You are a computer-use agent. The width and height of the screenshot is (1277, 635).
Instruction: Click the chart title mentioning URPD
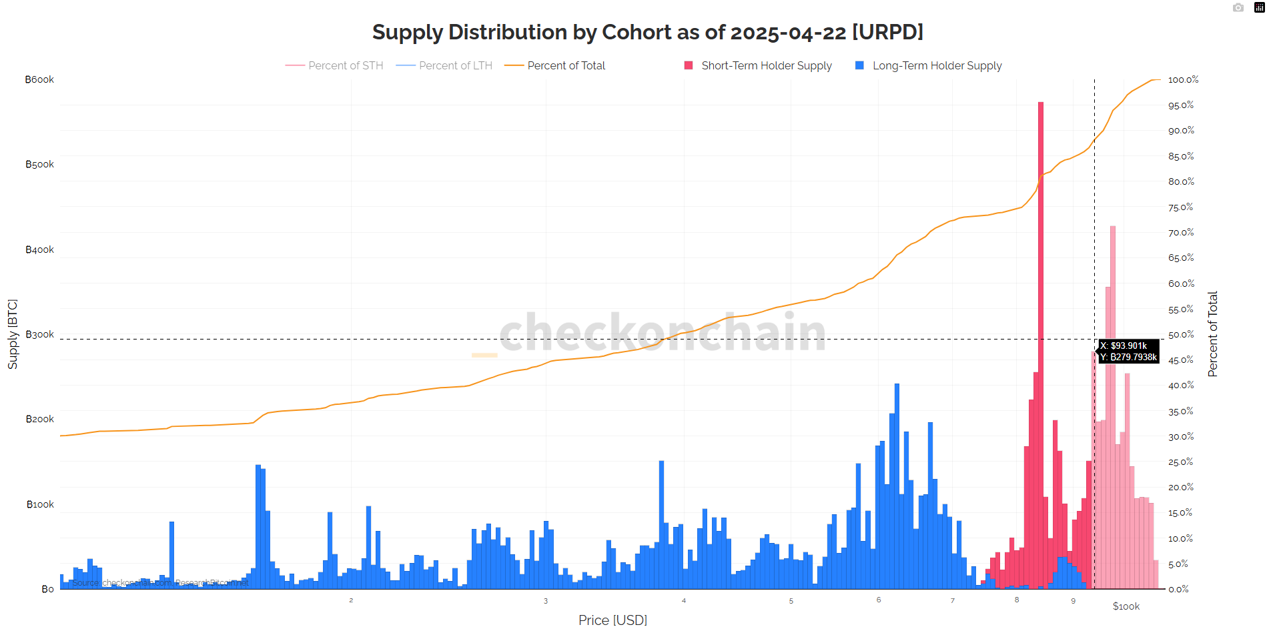(647, 32)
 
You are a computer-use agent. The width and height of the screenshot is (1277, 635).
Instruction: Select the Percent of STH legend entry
(345, 65)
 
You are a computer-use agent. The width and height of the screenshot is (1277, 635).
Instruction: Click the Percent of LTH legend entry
(455, 65)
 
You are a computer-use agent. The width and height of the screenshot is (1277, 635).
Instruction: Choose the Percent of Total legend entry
(566, 65)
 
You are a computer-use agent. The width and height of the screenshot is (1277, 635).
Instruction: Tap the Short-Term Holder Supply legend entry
(766, 65)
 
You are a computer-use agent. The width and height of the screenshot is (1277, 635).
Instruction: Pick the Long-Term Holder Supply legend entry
(937, 65)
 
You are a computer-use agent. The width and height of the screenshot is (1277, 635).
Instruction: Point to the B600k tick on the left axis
(40, 79)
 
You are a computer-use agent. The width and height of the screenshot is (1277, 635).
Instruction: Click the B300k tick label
(40, 334)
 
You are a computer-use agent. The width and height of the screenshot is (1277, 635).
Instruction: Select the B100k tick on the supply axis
(41, 504)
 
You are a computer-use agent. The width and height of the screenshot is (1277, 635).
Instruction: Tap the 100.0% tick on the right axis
(1183, 79)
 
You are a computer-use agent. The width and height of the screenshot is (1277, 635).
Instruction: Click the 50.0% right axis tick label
(1181, 334)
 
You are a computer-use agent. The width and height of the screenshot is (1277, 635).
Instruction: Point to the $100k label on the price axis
(1126, 606)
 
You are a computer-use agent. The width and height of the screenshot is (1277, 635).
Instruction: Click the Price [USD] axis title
(612, 620)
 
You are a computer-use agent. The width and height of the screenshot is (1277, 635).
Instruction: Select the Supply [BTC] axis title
(13, 334)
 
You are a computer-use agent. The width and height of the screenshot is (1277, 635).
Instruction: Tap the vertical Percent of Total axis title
(1212, 334)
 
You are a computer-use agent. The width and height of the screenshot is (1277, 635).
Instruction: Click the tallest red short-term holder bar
(1041, 334)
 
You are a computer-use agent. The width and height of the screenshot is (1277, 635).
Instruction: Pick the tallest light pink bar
(1113, 400)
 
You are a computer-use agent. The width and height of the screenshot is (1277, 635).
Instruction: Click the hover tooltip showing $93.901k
(1129, 352)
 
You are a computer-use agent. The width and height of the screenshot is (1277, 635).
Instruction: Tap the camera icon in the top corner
(1238, 8)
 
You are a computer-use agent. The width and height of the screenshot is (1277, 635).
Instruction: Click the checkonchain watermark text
(663, 332)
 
